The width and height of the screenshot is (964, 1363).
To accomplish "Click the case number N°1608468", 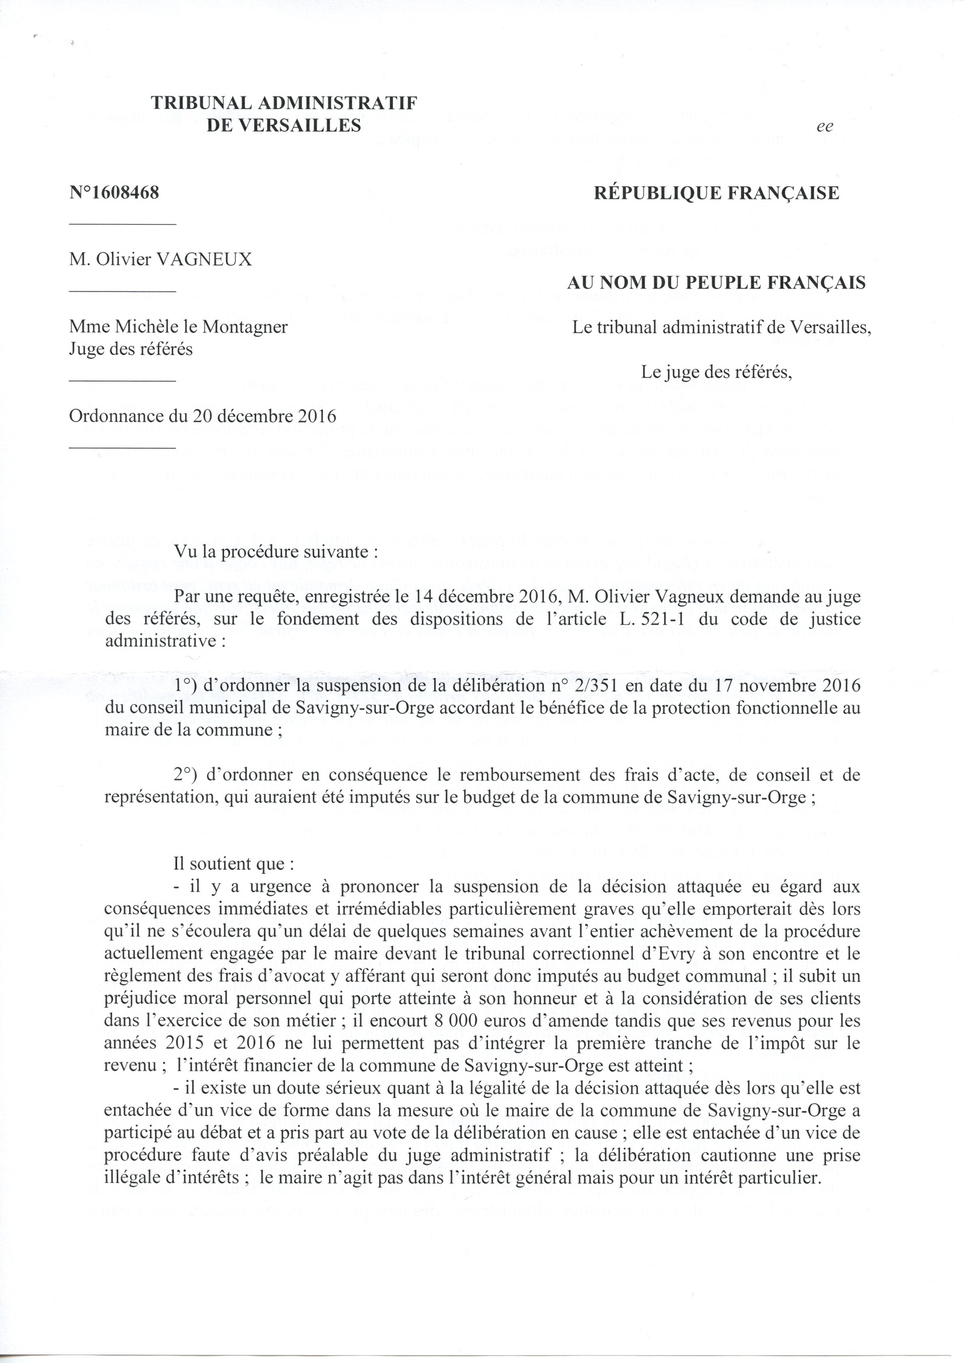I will point(114,194).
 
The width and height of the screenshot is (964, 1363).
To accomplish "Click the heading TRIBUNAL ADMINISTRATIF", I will point(284,103).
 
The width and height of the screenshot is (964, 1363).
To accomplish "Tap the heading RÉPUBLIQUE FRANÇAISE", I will point(716,193).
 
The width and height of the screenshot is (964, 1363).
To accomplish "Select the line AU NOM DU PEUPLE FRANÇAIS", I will point(716,282).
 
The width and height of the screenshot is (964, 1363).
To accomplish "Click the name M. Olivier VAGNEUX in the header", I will point(161,260).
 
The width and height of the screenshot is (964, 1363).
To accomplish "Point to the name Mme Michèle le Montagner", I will point(178,327).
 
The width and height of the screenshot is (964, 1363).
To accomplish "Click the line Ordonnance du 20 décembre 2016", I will point(202,416).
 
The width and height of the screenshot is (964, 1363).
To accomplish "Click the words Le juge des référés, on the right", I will point(716,372).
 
